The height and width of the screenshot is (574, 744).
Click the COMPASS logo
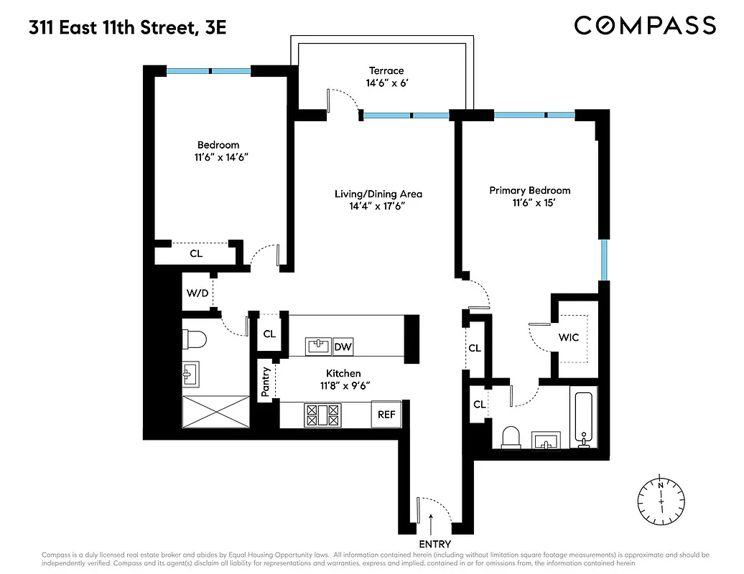[x=645, y=26]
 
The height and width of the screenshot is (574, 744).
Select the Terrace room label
[x=386, y=70]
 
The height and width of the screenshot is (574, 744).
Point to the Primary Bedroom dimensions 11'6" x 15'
[x=530, y=203]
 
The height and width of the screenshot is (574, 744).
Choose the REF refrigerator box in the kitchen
[x=386, y=414]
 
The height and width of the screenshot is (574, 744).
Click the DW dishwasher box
[x=343, y=347]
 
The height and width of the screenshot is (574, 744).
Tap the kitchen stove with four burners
[x=322, y=413]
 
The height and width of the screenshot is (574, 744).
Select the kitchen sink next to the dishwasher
[x=317, y=347]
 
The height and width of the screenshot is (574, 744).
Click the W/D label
[x=197, y=293]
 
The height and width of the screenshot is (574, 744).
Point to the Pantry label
[x=266, y=382]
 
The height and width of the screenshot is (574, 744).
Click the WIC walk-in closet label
[x=569, y=337]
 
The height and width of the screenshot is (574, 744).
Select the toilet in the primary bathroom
[x=511, y=436]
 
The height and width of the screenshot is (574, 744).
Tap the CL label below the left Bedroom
[x=196, y=253]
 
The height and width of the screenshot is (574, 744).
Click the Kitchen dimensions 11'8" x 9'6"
[x=343, y=385]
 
